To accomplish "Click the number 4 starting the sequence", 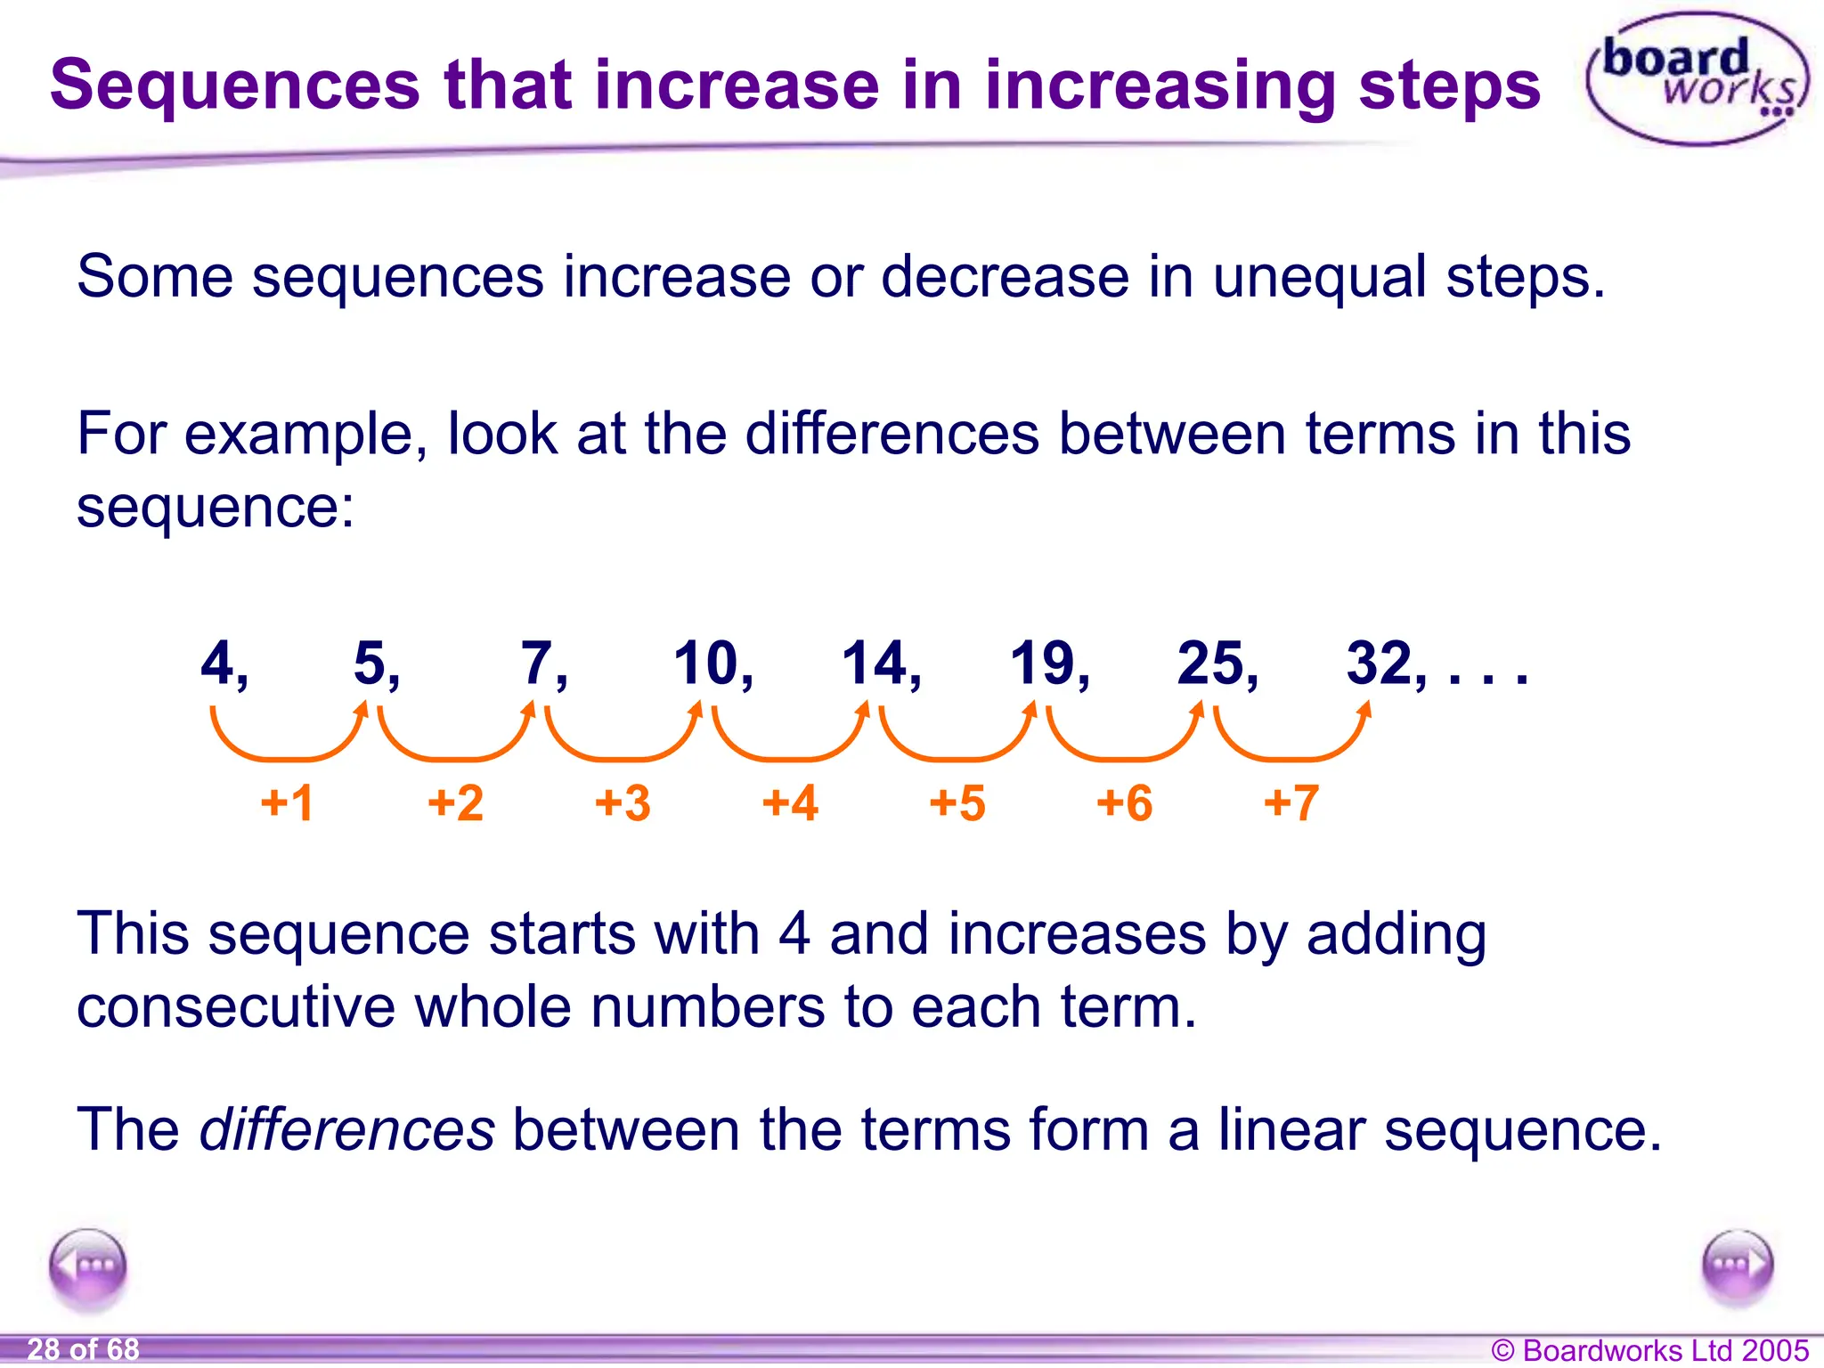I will click(x=217, y=664).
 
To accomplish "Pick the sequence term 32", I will click(x=1380, y=664).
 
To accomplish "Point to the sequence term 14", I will click(x=874, y=664).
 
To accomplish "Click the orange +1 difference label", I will click(x=287, y=802).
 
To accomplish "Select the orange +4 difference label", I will click(x=790, y=802).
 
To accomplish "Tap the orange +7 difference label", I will click(x=1291, y=802).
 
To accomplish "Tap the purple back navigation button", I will click(x=88, y=1266).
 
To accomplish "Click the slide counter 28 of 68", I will click(x=83, y=1349).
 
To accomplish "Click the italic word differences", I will click(x=346, y=1129).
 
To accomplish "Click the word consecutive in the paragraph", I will click(x=236, y=1007).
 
